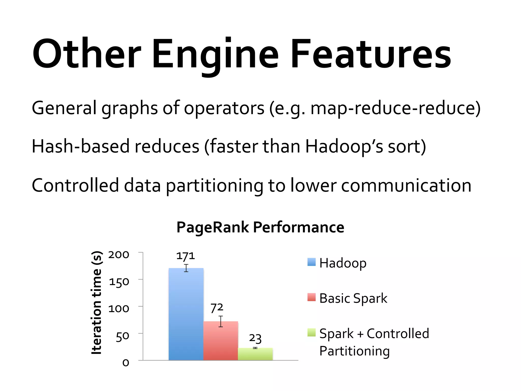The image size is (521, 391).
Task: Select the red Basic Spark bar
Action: pos(221,341)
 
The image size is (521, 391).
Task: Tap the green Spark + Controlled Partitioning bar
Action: pos(255,354)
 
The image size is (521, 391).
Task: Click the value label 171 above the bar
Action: pos(185,256)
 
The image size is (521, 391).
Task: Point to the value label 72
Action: pos(217,308)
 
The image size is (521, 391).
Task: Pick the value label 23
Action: pos(255,338)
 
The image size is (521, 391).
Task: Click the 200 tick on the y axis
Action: pos(119,255)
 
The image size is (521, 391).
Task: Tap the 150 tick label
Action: pos(119,282)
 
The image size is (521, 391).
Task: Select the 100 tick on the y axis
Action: pos(119,309)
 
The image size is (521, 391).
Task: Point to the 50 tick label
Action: pos(122,336)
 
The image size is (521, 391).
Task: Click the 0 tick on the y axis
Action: pos(126,363)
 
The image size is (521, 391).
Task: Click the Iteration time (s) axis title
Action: pos(97,303)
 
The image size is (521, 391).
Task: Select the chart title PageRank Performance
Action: pos(260,227)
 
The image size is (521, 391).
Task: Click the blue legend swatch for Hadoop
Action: pos(311,262)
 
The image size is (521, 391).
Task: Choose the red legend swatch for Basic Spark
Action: pos(311,297)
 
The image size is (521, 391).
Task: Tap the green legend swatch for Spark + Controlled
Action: pos(311,332)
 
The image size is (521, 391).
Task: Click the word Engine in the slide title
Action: pos(215,55)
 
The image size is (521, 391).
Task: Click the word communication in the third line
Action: pos(406,185)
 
